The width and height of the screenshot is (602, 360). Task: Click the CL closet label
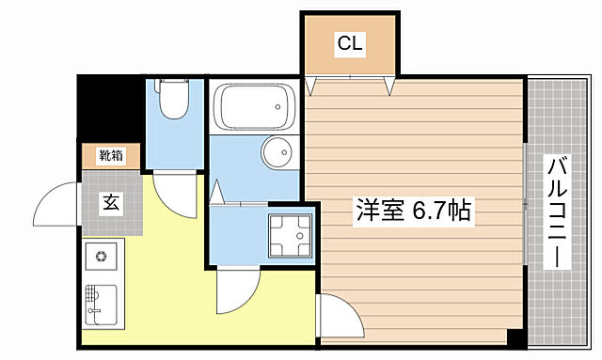tap(349, 43)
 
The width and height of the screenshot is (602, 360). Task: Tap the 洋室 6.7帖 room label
tap(412, 211)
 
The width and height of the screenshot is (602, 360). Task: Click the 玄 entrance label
tap(109, 200)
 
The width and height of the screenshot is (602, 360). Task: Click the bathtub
tap(253, 108)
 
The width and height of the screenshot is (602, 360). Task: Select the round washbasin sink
tap(277, 152)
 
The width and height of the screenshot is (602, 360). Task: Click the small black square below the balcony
tap(514, 336)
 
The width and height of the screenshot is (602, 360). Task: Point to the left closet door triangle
tap(314, 86)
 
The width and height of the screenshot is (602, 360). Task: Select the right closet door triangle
tap(389, 86)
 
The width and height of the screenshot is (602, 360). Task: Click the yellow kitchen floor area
tap(169, 273)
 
